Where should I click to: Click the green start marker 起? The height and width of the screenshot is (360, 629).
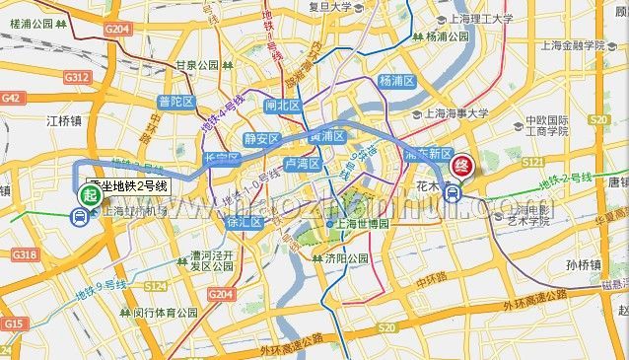pos(90,195)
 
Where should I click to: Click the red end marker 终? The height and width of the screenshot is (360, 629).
pos(461,168)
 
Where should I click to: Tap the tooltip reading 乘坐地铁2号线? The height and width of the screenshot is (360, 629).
pos(128,184)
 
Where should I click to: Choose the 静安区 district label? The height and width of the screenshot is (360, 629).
pos(262,139)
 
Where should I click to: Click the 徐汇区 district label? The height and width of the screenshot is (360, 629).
pos(243,222)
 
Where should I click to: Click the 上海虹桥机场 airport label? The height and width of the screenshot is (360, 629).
pos(123,210)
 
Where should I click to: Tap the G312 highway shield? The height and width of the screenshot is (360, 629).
pos(76,76)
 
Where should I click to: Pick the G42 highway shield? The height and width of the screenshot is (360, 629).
pos(12,98)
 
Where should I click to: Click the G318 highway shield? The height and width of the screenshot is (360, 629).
pos(25,255)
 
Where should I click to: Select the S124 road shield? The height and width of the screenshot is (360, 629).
pos(155,285)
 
